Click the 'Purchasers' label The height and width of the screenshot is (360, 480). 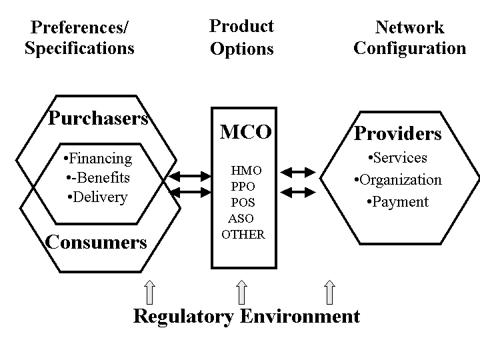(98, 119)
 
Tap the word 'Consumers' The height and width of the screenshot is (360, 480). (96, 241)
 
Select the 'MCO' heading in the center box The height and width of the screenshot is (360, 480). (245, 132)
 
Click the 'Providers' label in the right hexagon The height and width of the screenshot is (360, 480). (397, 133)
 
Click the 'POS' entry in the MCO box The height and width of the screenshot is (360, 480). (243, 203)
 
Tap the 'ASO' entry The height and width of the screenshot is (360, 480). (241, 219)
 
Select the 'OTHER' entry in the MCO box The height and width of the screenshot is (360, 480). (243, 235)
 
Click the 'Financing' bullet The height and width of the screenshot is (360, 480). (97, 159)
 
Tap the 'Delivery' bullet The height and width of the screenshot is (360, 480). (97, 197)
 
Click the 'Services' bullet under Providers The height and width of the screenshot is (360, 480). (397, 158)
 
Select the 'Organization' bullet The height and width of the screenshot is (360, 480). (397, 180)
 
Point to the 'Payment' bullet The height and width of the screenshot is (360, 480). (397, 202)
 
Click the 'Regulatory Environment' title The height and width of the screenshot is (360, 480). (247, 315)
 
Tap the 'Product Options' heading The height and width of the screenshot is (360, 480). (241, 37)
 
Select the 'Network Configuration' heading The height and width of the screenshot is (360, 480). (409, 38)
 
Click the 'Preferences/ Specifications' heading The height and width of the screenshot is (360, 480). (79, 38)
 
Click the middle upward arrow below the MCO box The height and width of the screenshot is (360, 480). (242, 292)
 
